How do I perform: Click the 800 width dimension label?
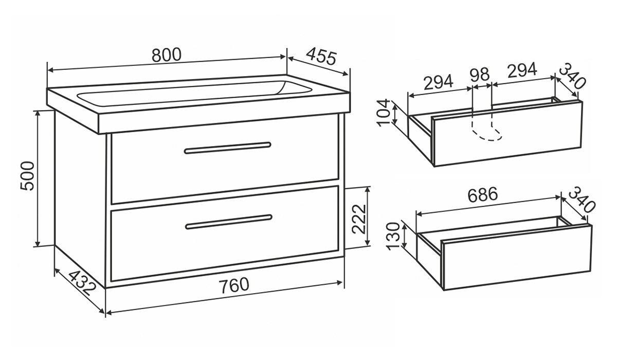tap(167, 55)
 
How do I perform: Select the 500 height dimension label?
tap(27, 176)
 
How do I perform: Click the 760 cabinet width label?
tap(234, 285)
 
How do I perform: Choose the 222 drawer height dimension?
tap(359, 219)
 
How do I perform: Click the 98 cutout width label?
tap(480, 75)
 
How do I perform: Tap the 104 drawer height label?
tap(384, 113)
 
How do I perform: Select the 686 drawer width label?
tap(483, 195)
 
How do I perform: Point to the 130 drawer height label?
tap(393, 237)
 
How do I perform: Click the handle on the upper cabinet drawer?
tap(227, 148)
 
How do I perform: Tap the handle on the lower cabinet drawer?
tap(229, 222)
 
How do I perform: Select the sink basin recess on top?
tap(194, 93)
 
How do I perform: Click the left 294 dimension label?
tap(438, 82)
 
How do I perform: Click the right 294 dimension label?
tap(522, 70)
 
